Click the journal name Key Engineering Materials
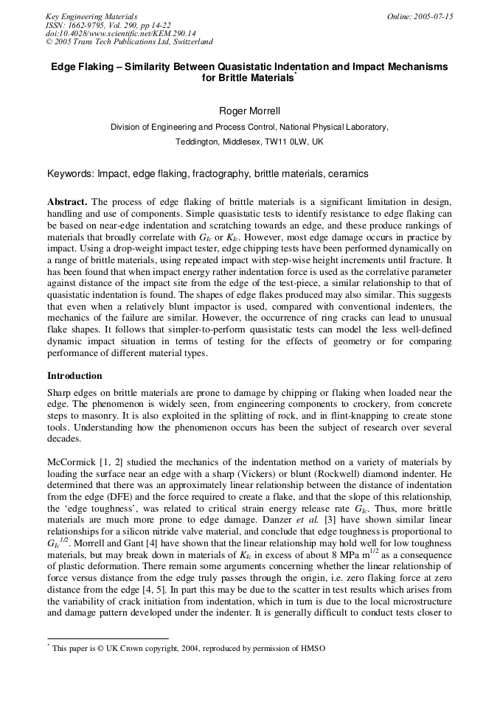(91, 16)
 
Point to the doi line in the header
(120, 34)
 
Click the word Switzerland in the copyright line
(191, 42)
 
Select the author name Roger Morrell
(250, 111)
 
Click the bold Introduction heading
(74, 376)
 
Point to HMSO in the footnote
(312, 648)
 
